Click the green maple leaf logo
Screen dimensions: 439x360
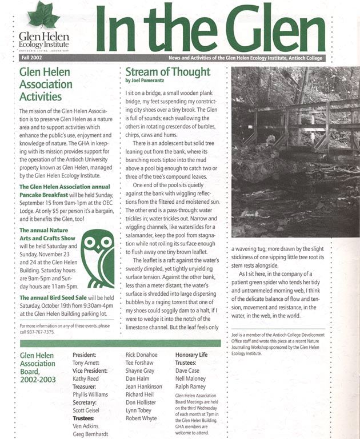[x=43, y=15]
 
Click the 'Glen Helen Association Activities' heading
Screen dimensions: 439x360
[x=48, y=84]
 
